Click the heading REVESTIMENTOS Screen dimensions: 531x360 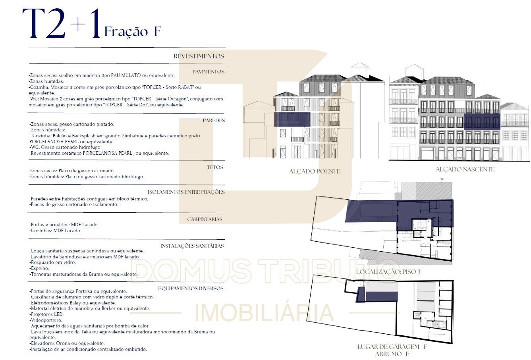pyautogui.click(x=199, y=56)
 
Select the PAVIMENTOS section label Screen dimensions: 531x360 pyautogui.click(x=208, y=71)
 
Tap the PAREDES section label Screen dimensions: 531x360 pyautogui.click(x=214, y=120)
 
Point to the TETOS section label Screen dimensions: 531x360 pyautogui.click(x=215, y=167)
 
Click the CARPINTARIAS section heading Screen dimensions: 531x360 pyautogui.click(x=205, y=219)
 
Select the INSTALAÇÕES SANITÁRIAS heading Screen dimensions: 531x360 pyautogui.click(x=192, y=246)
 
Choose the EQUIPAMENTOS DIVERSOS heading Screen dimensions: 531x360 pyautogui.click(x=191, y=288)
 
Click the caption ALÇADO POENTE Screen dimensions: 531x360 pyautogui.click(x=315, y=171)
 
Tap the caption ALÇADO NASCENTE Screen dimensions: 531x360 pyautogui.click(x=465, y=169)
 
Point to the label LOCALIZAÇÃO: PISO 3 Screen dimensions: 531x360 pyautogui.click(x=388, y=271)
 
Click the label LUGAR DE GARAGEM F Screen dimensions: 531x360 pyautogui.click(x=392, y=347)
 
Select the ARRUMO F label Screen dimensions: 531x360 pyautogui.click(x=392, y=354)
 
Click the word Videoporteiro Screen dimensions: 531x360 pyautogui.click(x=46, y=320)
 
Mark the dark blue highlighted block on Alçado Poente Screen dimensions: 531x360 pyautogui.click(x=292, y=119)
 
